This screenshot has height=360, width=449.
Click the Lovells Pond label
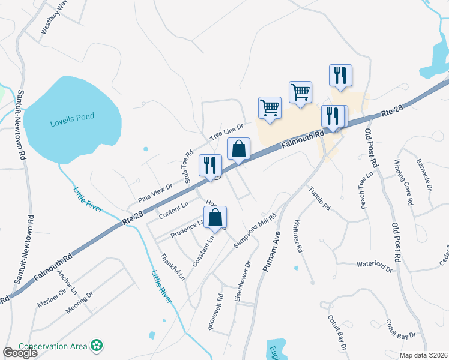coord(72,116)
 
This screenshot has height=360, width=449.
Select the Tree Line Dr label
coord(226,132)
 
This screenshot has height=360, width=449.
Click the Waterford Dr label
coord(374,263)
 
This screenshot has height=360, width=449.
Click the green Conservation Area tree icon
coord(97,346)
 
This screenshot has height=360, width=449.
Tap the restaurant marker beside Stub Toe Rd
coord(210,166)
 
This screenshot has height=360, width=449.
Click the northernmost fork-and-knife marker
coord(340,75)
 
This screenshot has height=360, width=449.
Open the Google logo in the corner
coord(20,353)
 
